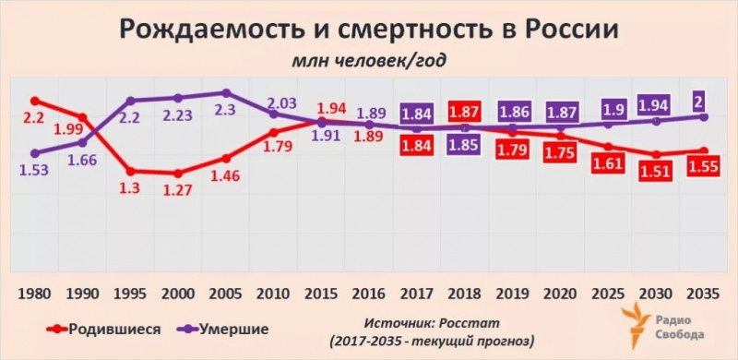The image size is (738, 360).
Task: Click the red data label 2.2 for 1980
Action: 33,119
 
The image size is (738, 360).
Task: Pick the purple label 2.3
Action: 226,111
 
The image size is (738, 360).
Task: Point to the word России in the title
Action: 573,30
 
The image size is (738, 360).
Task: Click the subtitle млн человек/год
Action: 369,63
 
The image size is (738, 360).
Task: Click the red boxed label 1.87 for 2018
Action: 466,111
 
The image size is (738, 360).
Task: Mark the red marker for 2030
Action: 656,154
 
